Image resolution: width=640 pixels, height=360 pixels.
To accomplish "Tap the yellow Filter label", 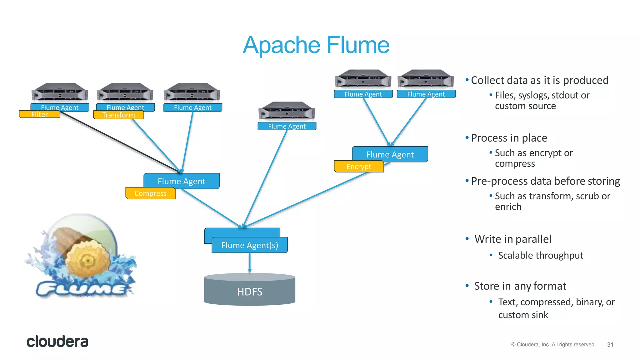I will point(39,114).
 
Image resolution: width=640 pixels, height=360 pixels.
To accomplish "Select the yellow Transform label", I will point(118,115).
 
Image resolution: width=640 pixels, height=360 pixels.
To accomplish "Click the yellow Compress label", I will point(150,193).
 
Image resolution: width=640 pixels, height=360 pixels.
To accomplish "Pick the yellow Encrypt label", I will point(359,167).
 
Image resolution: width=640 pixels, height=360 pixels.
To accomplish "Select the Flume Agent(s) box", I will point(249,245).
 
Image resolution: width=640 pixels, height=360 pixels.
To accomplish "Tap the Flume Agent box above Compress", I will point(181,181).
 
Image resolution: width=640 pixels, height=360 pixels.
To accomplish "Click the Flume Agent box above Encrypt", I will point(390,154).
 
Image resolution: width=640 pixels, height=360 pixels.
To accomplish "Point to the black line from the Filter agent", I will point(119,142).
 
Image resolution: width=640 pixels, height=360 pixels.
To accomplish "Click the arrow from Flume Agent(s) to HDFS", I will point(250,262).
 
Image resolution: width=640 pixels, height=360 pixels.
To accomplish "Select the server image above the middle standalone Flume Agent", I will point(287,111).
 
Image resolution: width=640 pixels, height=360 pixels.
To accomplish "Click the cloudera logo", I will point(57,342).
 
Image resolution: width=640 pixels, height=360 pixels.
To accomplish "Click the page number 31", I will point(610,344).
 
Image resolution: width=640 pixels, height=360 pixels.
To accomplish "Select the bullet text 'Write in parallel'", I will point(512,239).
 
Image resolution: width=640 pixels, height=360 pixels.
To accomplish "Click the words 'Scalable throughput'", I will point(540,255).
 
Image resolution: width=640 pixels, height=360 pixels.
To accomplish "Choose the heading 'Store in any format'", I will point(520,286).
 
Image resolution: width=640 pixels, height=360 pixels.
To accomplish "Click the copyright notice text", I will point(553,344).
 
